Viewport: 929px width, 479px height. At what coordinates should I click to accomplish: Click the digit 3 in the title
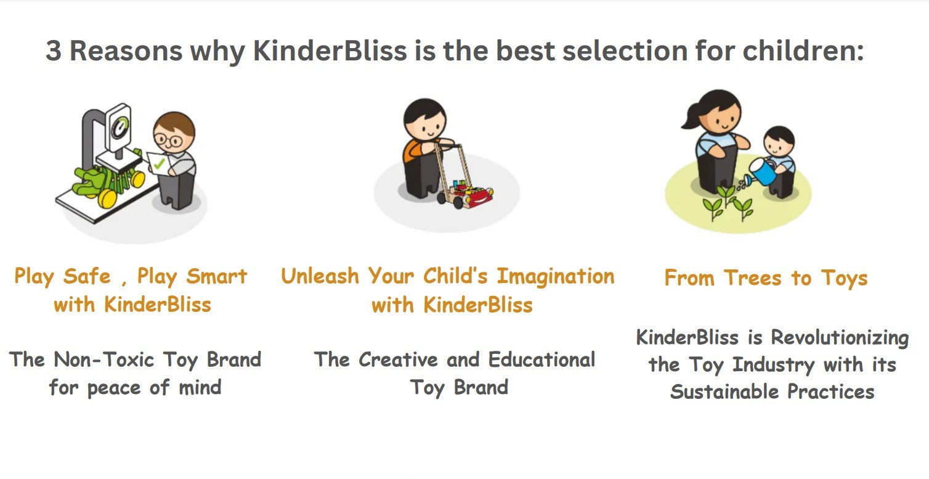[54, 51]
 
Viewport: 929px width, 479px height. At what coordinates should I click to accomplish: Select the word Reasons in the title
[126, 51]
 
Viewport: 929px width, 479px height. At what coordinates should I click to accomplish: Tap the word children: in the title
[803, 51]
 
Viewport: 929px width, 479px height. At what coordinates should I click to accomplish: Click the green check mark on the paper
[160, 163]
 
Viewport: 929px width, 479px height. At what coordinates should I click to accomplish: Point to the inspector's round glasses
[168, 140]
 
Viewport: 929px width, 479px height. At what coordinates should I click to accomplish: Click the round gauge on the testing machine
[121, 126]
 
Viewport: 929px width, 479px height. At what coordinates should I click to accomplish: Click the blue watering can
[763, 171]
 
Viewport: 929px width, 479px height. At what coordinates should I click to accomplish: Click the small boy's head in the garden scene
[779, 141]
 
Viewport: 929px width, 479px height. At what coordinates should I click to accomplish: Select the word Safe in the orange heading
[87, 276]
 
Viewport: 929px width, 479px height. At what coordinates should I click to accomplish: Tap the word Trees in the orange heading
[752, 277]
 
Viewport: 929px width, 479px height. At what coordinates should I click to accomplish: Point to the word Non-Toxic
[104, 359]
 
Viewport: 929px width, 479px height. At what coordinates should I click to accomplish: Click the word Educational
[542, 359]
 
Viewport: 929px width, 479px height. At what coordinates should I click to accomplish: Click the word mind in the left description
[200, 387]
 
